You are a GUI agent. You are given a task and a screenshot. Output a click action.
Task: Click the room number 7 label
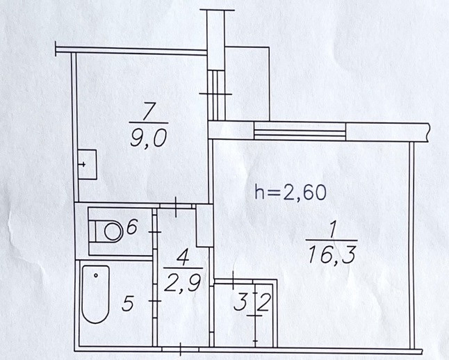coord(147,111)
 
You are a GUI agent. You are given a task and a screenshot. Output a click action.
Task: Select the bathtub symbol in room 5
coord(95,294)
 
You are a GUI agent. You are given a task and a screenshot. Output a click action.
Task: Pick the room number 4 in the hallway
coord(181,258)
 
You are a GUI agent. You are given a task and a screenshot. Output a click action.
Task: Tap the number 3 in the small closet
coord(239,303)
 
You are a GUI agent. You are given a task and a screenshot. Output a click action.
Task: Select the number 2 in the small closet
coord(265,303)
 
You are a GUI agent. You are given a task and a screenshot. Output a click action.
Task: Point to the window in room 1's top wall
coord(300,129)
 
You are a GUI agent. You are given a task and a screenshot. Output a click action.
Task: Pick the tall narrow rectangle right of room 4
coord(204,224)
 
